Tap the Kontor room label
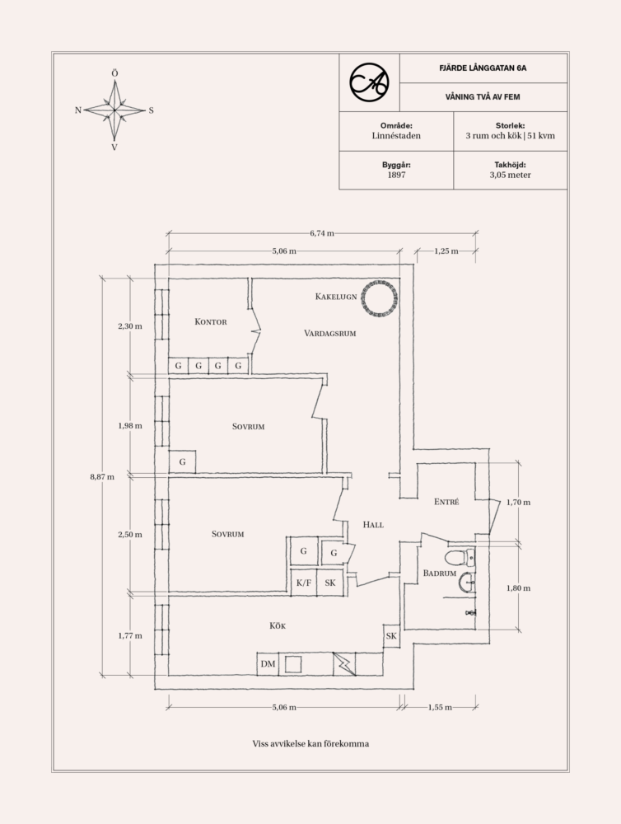coord(211,321)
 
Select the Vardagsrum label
coord(330,333)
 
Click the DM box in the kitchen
coord(268,663)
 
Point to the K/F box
coord(304,583)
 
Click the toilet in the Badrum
coord(460,556)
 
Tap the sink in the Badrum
coord(466,582)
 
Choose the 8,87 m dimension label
coord(102,476)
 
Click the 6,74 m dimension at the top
coord(321,233)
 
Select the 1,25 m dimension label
coord(446,251)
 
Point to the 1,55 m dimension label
coord(440,707)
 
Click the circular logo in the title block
coord(369,82)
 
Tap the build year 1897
coord(396,175)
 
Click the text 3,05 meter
coord(510,175)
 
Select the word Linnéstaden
coord(396,136)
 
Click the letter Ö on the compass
coord(114,73)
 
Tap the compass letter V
coord(114,147)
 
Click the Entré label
coord(446,502)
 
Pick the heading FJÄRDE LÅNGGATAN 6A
coord(483,68)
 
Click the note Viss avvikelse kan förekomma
coord(310,743)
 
